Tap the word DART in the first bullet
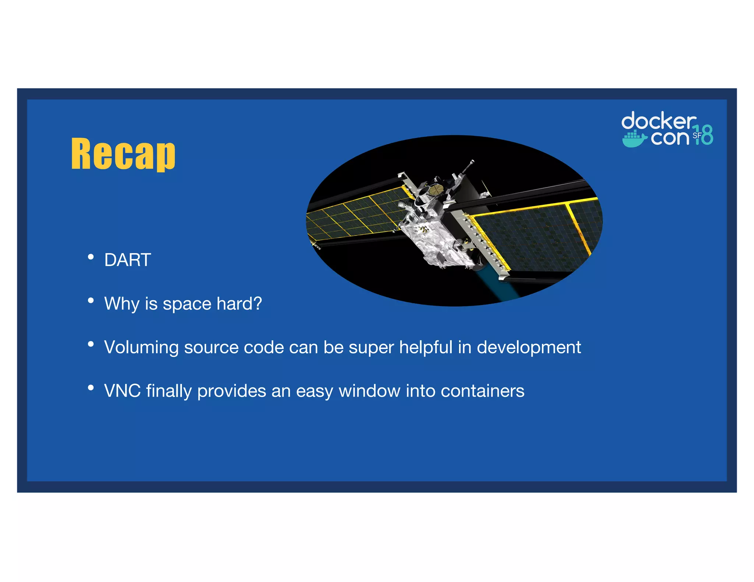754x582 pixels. [x=127, y=260]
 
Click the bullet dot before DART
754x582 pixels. [x=91, y=257]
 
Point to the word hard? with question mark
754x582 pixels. [x=239, y=304]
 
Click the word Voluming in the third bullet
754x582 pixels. [x=141, y=348]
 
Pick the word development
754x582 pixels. [x=529, y=348]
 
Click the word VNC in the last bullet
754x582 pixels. [x=122, y=391]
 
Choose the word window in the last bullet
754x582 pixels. [x=369, y=391]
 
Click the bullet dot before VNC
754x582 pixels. [x=91, y=387]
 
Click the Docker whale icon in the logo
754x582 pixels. [x=634, y=139]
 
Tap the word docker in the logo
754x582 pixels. [x=658, y=121]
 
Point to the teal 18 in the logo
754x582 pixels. [x=704, y=135]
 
